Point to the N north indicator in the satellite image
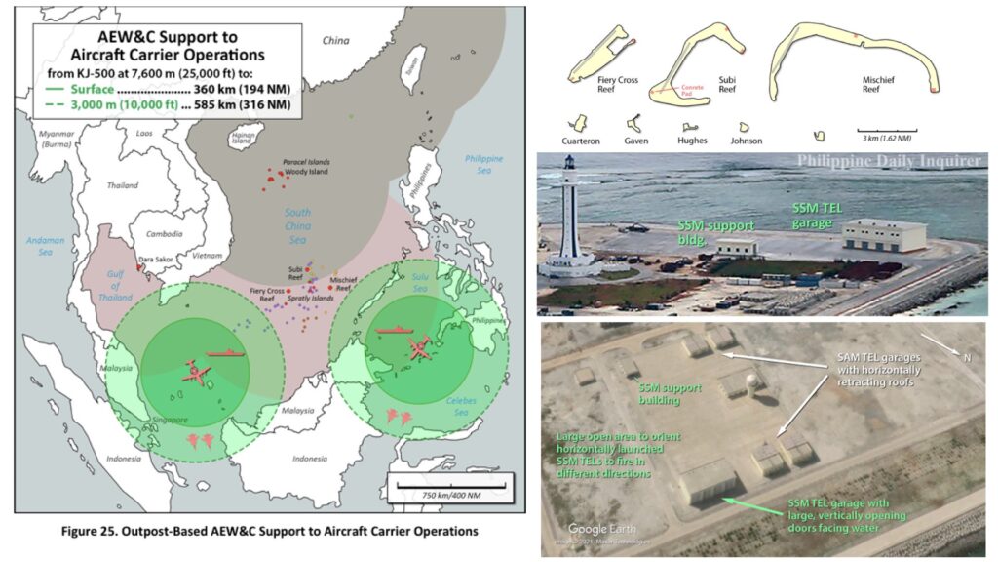point(967,359)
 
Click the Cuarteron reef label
point(582,140)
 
